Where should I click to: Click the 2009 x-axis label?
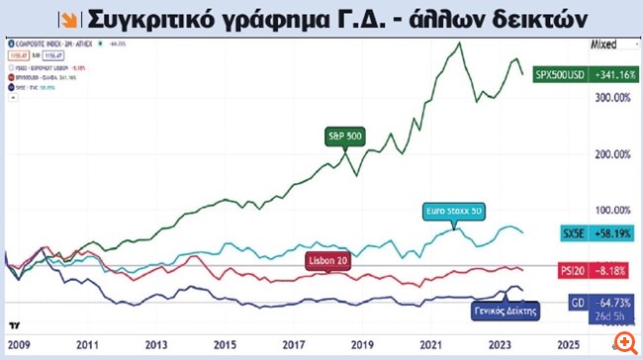click(22, 346)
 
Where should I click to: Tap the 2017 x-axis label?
click(294, 346)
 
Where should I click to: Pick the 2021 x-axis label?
click(430, 346)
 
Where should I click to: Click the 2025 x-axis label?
click(566, 346)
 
